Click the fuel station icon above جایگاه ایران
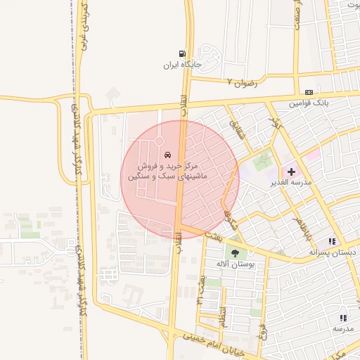tap(183, 53)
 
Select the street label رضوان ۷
tap(243, 83)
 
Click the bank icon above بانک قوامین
tap(309, 93)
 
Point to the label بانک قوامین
tap(309, 103)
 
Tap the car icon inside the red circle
tap(167, 154)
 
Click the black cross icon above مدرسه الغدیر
tap(291, 172)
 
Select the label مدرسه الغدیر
tap(290, 183)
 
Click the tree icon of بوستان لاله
tap(235, 253)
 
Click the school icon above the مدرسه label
tap(343, 318)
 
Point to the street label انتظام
tap(223, 314)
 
